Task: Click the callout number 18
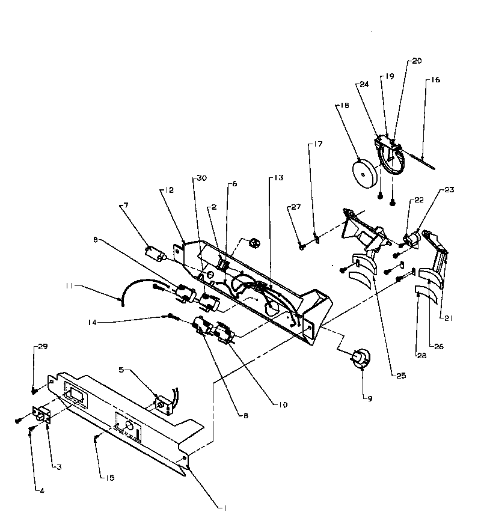tap(345, 105)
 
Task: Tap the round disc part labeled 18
tap(364, 173)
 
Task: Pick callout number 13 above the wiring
tap(278, 178)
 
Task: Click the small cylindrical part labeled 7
tap(155, 252)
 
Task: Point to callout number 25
tap(400, 376)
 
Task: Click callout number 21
tap(446, 317)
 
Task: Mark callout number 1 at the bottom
tap(224, 508)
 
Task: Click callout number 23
tap(449, 190)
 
